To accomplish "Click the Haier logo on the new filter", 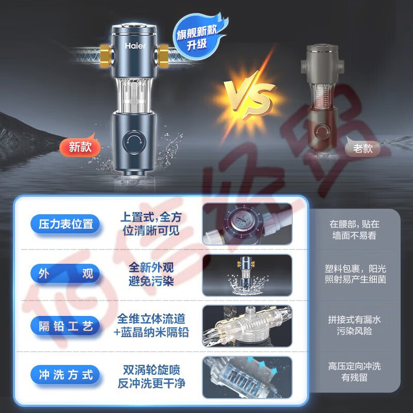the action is coord(135,46).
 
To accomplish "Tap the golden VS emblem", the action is coord(249,96).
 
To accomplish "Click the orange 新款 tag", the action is coord(80,147).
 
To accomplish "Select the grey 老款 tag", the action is coord(363,148).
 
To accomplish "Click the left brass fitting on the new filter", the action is coord(106,56).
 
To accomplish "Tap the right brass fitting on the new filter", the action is coord(162,56).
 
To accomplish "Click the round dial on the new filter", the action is coord(134,142).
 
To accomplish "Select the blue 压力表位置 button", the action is coord(66,224).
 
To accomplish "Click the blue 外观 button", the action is coord(66,274).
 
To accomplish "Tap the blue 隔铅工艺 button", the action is coord(66,326).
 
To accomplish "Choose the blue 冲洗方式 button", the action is coord(66,375).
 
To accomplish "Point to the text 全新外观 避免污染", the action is coord(151,274).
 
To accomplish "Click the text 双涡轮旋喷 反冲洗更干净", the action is coord(151,377).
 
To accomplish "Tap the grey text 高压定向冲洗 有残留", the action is coord(354,372).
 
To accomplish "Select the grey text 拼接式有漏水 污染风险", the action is coord(354,325).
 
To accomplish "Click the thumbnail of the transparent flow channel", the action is coord(247,326).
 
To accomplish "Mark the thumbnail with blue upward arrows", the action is coord(247,377).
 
